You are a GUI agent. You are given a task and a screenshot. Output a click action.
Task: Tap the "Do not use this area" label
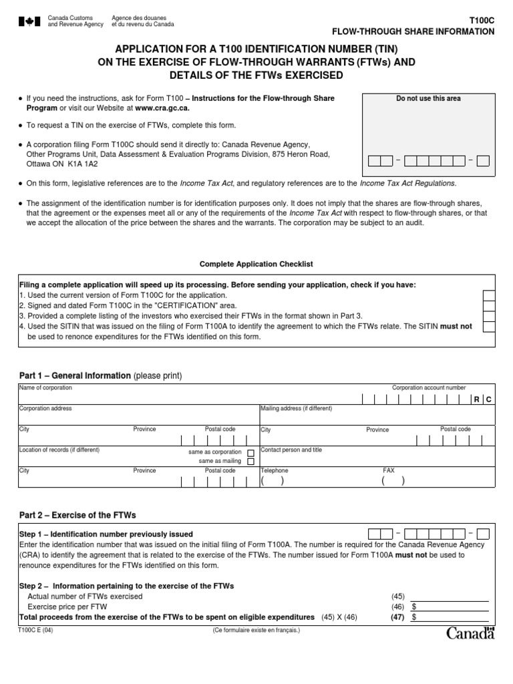click(x=428, y=99)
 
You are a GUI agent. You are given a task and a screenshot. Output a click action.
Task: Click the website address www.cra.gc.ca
click(x=162, y=108)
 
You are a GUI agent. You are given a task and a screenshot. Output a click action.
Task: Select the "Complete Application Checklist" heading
click(x=256, y=265)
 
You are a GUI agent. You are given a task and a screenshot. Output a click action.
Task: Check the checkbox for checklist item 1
click(x=489, y=295)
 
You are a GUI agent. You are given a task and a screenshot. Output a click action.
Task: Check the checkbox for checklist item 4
click(x=489, y=327)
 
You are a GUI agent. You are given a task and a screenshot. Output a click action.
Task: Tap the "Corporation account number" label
click(x=429, y=387)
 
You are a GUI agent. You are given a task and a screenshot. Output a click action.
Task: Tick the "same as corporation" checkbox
click(x=251, y=452)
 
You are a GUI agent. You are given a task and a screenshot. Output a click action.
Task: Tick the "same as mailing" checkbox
click(x=251, y=462)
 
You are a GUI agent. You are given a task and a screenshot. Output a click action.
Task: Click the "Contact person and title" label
click(x=291, y=450)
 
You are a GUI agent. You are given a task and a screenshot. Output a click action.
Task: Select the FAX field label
click(x=389, y=470)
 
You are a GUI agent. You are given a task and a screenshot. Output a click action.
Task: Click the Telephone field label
click(x=275, y=470)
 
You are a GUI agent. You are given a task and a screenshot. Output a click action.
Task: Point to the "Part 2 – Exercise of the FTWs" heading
click(x=77, y=515)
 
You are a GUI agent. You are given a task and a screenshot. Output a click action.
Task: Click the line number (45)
click(x=398, y=596)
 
